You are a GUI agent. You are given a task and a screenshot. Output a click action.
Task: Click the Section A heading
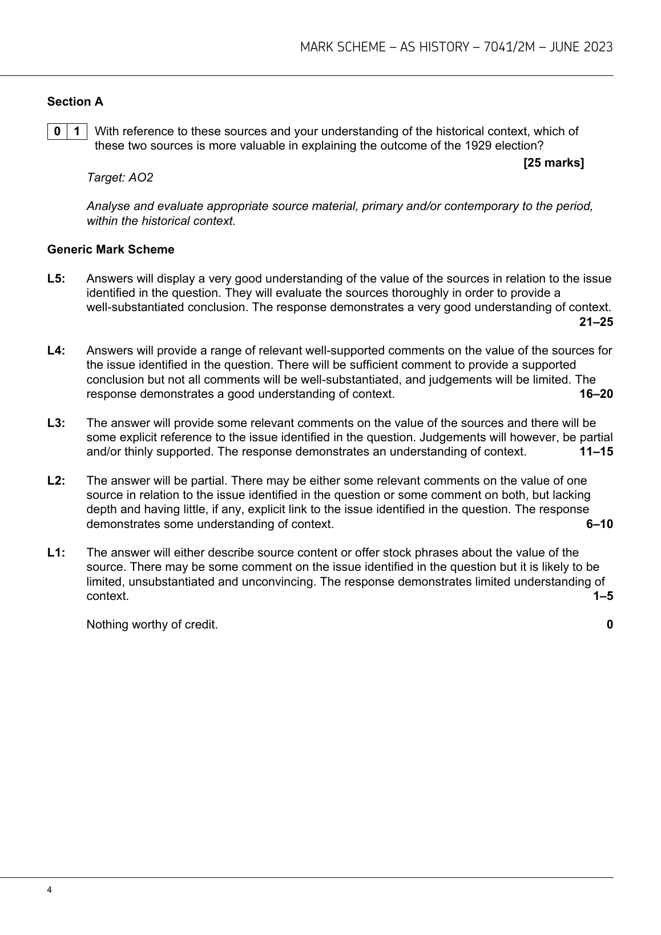(75, 102)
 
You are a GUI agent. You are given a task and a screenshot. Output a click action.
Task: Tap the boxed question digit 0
(57, 131)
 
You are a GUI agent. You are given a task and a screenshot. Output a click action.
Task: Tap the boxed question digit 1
(77, 131)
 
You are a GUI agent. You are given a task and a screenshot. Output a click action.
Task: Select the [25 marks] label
(554, 163)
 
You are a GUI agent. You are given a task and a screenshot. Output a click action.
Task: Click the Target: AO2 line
(120, 178)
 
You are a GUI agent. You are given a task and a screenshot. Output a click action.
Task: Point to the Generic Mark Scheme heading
(111, 249)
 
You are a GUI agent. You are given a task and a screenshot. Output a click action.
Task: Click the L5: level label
(57, 279)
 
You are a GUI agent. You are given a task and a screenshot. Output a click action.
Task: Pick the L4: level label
(57, 350)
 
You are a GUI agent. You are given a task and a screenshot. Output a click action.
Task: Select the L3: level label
(57, 423)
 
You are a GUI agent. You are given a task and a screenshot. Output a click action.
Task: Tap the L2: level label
(57, 481)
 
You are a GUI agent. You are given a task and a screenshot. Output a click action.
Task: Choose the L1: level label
(57, 553)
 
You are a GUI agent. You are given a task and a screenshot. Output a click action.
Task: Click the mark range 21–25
(596, 322)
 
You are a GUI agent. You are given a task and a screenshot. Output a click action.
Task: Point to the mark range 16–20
(596, 394)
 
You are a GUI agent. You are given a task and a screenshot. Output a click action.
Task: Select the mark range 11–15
(596, 452)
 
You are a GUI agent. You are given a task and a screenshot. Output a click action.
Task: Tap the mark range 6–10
(599, 524)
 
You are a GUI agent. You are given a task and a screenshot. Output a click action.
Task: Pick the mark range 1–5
(603, 596)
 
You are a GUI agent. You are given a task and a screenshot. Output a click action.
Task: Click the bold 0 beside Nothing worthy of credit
(610, 624)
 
